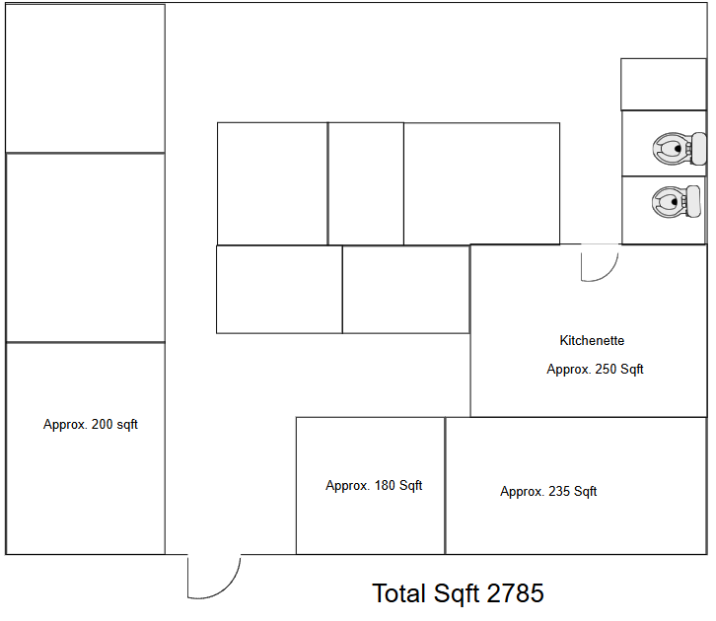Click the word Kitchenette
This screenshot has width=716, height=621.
pyautogui.click(x=592, y=340)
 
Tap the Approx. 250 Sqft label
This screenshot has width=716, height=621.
pyautogui.click(x=595, y=369)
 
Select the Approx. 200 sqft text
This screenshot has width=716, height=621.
pyautogui.click(x=91, y=424)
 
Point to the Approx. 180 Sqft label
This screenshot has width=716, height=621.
pyautogui.click(x=374, y=486)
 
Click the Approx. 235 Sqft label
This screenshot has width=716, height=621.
pyautogui.click(x=548, y=492)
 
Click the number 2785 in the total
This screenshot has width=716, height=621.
pyautogui.click(x=516, y=593)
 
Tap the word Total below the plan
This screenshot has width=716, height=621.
pyautogui.click(x=399, y=593)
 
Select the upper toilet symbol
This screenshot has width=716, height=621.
pyautogui.click(x=679, y=149)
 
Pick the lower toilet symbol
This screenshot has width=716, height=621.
pyautogui.click(x=677, y=202)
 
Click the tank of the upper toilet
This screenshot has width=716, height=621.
pyautogui.click(x=698, y=149)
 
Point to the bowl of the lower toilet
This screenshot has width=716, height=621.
pyautogui.click(x=668, y=202)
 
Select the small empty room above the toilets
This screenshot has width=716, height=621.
pyautogui.click(x=664, y=85)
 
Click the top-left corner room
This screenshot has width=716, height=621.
pyautogui.click(x=85, y=79)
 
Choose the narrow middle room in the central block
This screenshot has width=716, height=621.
pyautogui.click(x=366, y=183)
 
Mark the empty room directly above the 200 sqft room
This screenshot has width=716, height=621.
pyautogui.click(x=86, y=247)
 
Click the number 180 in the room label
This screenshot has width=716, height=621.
pyautogui.click(x=385, y=485)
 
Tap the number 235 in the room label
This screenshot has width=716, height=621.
pyautogui.click(x=559, y=491)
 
